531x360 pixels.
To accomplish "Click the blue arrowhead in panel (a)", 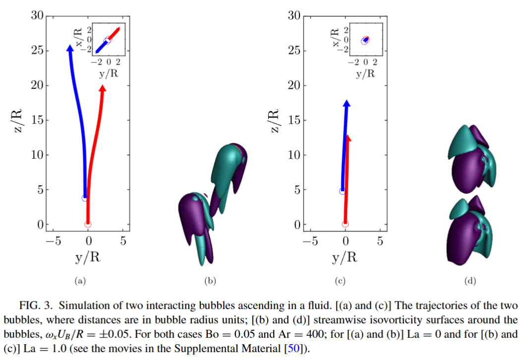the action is click(70, 48).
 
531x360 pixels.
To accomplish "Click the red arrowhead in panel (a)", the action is click(102, 88).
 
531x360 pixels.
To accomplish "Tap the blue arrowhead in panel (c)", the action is click(347, 103).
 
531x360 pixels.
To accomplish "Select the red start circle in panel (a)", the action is click(88, 224).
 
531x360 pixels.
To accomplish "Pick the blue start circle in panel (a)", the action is click(85, 198).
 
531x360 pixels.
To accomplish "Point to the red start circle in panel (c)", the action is click(345, 224).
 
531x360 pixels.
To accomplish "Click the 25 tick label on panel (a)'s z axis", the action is click(38, 51).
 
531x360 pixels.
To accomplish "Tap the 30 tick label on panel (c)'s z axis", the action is click(295, 15).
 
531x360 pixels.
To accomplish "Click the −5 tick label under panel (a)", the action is click(54, 241).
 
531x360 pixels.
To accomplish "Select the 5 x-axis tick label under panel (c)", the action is click(380, 241).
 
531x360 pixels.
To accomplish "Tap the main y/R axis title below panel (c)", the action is click(345, 257).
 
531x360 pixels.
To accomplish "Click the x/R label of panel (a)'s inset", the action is click(78, 37).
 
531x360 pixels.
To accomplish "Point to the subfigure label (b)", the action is click(210, 281).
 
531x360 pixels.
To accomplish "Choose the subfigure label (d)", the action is click(470, 281).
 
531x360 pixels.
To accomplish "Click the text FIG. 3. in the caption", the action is click(36, 305).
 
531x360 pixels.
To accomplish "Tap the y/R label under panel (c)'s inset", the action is click(365, 73).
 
